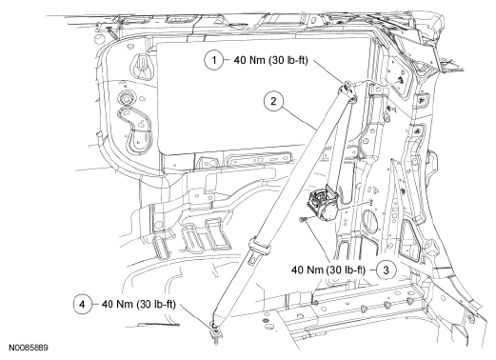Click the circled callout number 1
[213, 60]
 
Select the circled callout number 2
[273, 101]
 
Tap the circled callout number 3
[386, 270]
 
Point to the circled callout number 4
[82, 305]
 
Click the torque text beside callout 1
[270, 60]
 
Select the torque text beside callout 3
[328, 270]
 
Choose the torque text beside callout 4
[138, 304]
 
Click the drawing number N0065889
[29, 348]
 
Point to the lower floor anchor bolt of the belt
[216, 331]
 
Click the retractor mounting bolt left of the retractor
[303, 219]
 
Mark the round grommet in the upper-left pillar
[127, 99]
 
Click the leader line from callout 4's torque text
[196, 315]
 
